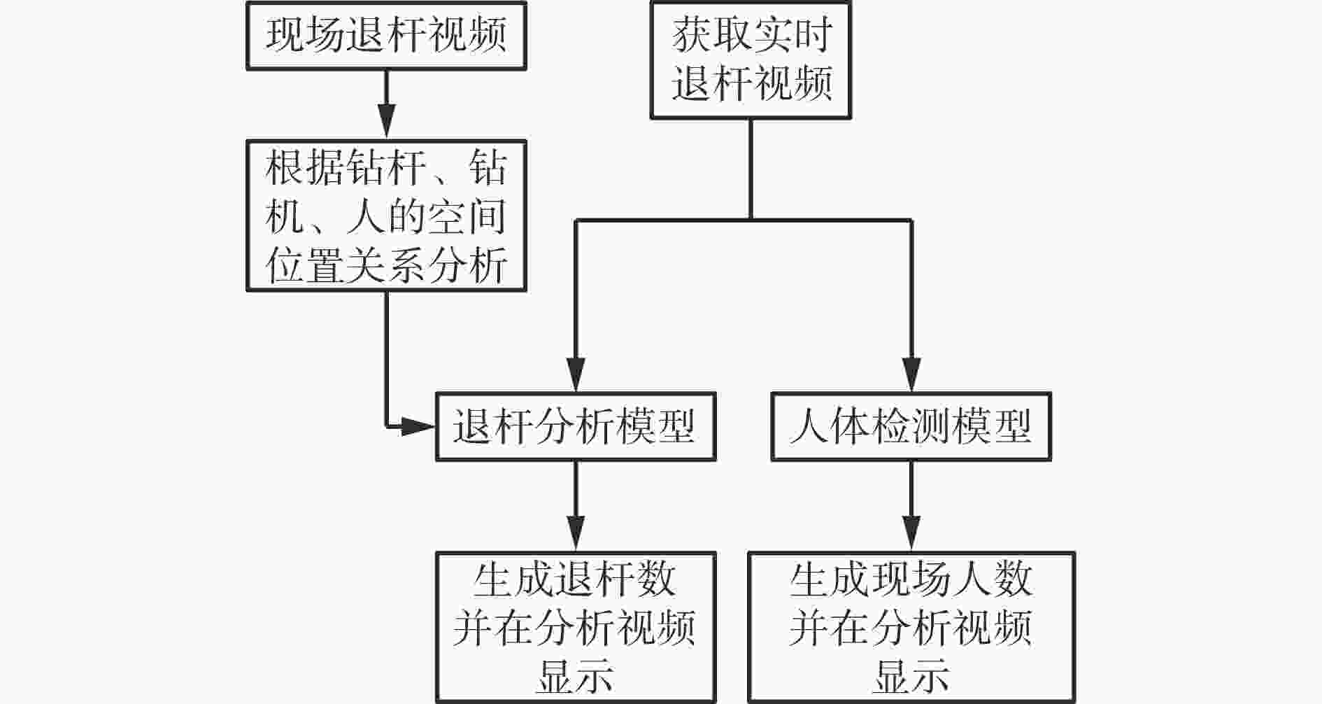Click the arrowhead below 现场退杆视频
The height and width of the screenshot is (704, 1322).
(386, 122)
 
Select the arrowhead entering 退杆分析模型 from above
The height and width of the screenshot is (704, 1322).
(576, 374)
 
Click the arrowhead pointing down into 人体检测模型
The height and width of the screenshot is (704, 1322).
(911, 374)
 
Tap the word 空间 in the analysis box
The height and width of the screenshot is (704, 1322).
(467, 218)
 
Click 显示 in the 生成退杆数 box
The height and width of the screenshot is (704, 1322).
(575, 676)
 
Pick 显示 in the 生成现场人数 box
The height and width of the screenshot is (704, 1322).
(911, 676)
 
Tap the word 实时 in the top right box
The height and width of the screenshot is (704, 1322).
(792, 35)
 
